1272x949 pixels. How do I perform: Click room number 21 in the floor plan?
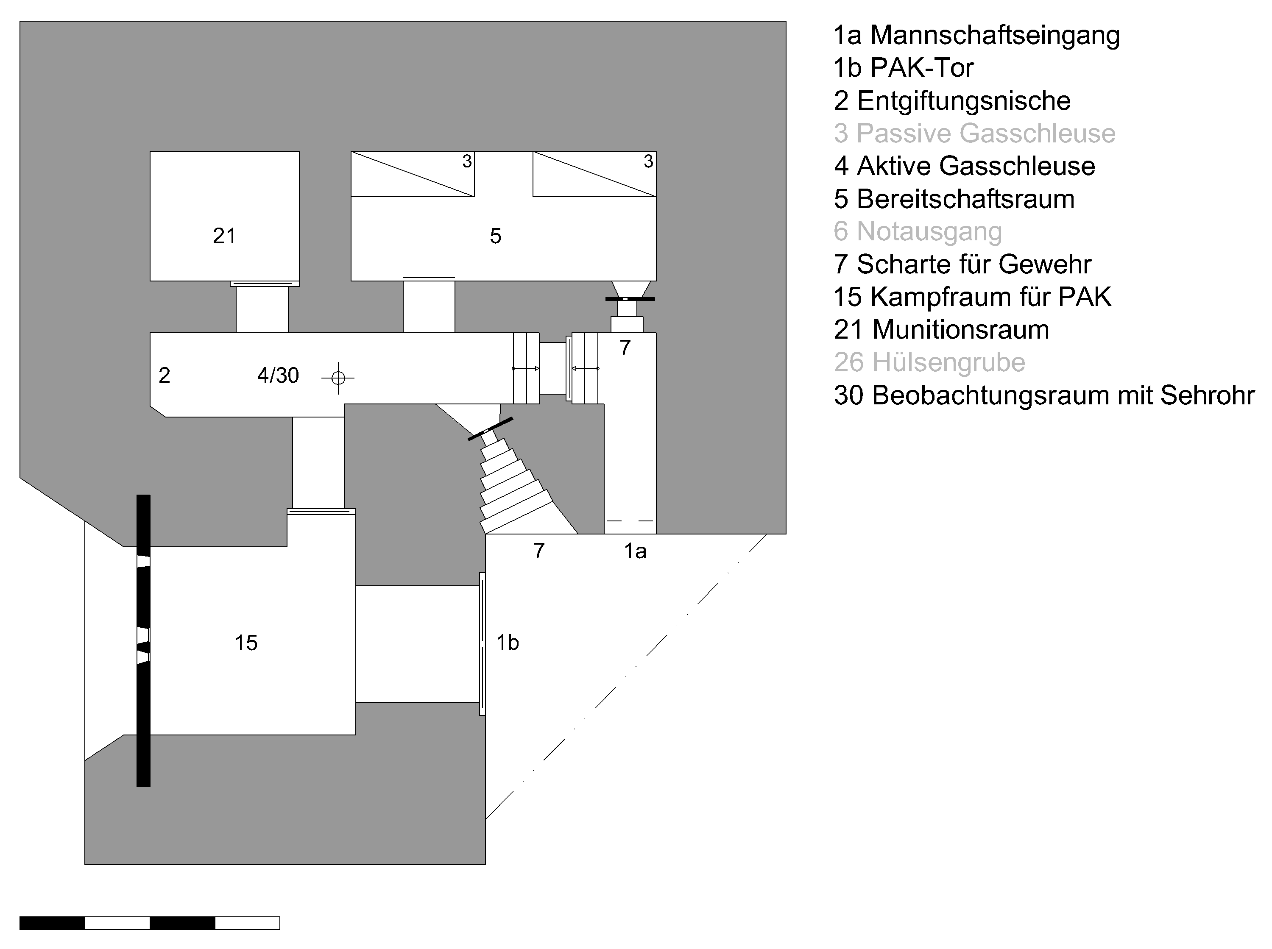pos(224,236)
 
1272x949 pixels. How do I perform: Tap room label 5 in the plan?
pos(495,236)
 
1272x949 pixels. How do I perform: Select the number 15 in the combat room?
pos(246,643)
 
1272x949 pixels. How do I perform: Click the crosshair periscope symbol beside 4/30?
pos(338,378)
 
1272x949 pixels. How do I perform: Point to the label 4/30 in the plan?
pos(278,376)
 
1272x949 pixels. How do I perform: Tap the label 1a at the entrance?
pos(635,551)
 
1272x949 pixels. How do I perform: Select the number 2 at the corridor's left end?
pos(165,376)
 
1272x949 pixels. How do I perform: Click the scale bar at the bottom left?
pos(149,923)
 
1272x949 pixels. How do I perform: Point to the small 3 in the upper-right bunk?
pos(648,161)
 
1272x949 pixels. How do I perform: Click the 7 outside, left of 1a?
pos(538,551)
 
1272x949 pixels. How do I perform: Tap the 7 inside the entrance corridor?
pos(625,348)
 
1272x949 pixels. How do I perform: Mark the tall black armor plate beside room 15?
pos(143,640)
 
